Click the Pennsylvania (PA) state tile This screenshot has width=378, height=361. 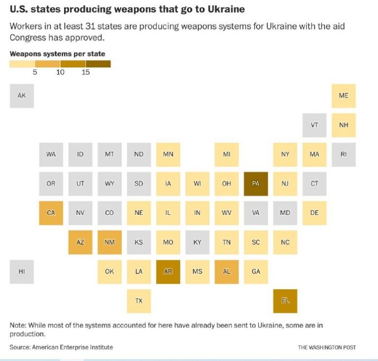tap(256, 184)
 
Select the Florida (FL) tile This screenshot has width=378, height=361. tap(285, 301)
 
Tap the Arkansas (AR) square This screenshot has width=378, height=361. tap(168, 272)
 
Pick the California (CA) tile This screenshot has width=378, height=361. tap(51, 213)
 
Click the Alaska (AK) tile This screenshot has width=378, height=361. tap(22, 96)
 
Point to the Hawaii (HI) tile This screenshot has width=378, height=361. tap(22, 272)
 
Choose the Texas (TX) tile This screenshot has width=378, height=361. tap(138, 301)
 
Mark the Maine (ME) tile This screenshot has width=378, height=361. tap(344, 96)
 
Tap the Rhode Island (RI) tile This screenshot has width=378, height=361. tap(344, 154)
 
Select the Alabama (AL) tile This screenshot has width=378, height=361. tap(226, 272)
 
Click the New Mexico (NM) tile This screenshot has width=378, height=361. tap(110, 242)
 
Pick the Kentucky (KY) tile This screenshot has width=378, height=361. tap(197, 242)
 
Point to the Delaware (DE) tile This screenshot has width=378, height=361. tap(314, 213)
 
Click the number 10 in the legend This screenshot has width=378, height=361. tap(60, 72)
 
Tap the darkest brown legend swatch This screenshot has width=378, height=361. tap(98, 64)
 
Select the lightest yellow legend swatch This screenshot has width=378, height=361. tap(22, 64)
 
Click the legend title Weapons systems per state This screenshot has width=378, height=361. tap(57, 54)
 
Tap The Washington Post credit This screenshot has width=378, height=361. tap(327, 347)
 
